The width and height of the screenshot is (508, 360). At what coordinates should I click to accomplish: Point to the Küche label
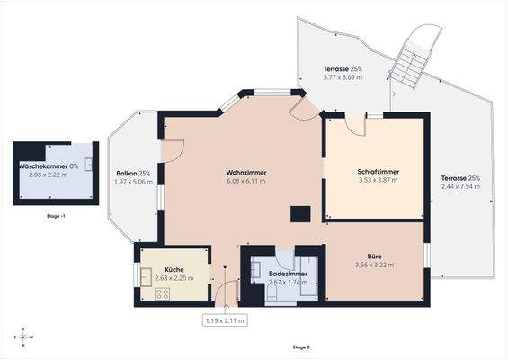pyautogui.click(x=174, y=269)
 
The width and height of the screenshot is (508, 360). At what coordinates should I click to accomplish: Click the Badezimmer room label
pyautogui.click(x=289, y=273)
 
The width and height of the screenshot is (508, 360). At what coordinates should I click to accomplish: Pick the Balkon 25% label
pyautogui.click(x=133, y=173)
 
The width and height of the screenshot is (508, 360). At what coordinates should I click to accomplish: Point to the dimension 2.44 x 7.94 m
pyautogui.click(x=460, y=188)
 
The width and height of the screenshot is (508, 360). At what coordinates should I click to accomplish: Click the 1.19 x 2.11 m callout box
pyautogui.click(x=225, y=319)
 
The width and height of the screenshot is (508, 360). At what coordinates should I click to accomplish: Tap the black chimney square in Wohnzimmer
pyautogui.click(x=299, y=213)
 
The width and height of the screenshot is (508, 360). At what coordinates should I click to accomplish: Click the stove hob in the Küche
pyautogui.click(x=162, y=293)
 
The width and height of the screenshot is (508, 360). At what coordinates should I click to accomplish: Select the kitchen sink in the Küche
pyautogui.click(x=145, y=274)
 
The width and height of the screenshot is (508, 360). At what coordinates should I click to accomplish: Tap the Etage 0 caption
pyautogui.click(x=301, y=346)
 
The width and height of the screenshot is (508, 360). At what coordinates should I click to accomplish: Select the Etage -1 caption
pyautogui.click(x=56, y=217)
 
